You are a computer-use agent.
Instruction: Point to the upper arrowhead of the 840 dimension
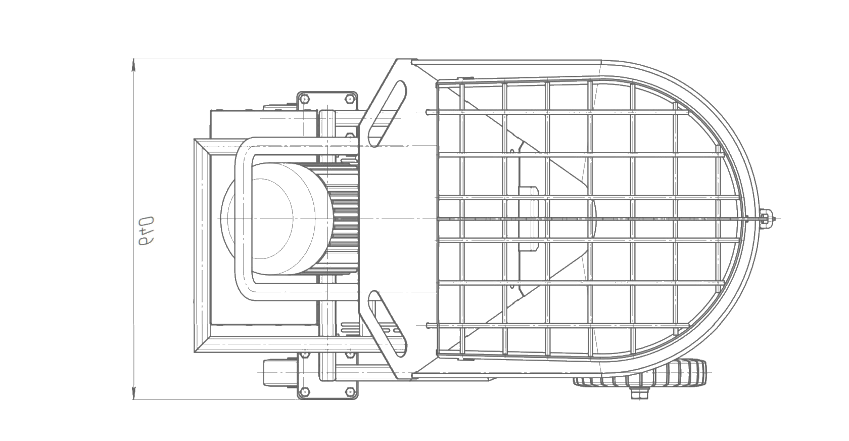(133, 63)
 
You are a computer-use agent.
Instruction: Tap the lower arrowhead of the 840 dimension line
(133, 395)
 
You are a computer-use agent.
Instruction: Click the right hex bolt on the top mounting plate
(348, 98)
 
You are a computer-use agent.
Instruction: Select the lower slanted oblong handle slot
(386, 322)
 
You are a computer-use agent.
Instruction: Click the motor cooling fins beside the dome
(344, 218)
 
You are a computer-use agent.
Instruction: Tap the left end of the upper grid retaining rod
(429, 111)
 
